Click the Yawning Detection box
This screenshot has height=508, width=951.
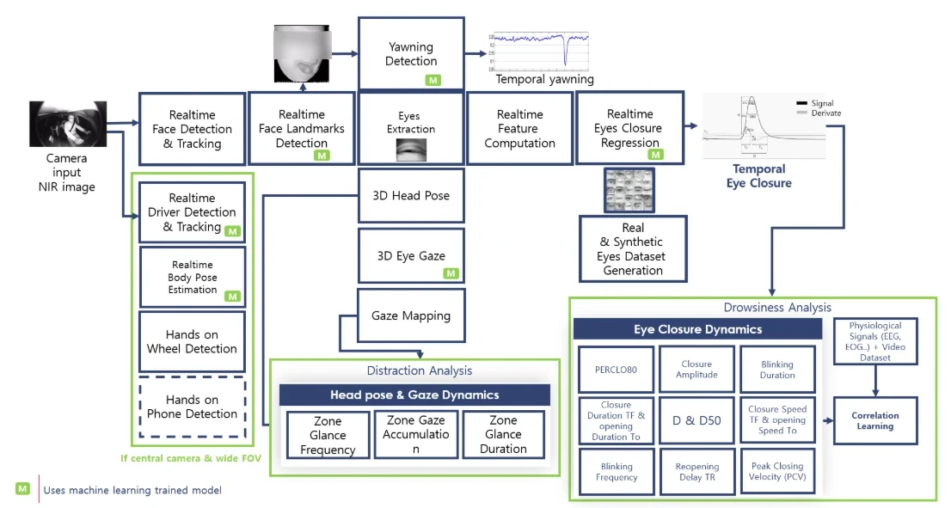tap(411, 53)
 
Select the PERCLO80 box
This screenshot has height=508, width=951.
tap(616, 370)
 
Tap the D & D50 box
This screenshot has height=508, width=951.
tap(696, 420)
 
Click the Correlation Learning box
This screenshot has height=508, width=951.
tap(874, 420)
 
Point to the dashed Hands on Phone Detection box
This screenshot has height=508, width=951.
tap(192, 407)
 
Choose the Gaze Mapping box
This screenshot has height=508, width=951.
tap(410, 315)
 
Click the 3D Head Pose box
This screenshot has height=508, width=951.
tap(411, 195)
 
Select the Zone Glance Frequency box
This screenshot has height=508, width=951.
tap(328, 435)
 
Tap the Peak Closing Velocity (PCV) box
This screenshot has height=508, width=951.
tap(776, 471)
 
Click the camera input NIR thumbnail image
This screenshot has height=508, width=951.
tap(67, 124)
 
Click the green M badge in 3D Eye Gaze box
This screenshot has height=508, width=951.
tap(451, 273)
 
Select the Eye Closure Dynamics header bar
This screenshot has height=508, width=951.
tap(697, 329)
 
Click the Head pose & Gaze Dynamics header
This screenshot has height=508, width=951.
tap(414, 395)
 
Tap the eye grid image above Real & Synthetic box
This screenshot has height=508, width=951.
tap(629, 191)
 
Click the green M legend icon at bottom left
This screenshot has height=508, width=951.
tap(23, 489)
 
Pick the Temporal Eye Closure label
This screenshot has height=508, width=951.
tap(758, 176)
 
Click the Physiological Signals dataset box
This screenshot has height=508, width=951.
tap(875, 341)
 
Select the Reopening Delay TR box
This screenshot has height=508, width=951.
tap(696, 471)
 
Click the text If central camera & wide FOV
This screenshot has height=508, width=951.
tap(191, 457)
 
